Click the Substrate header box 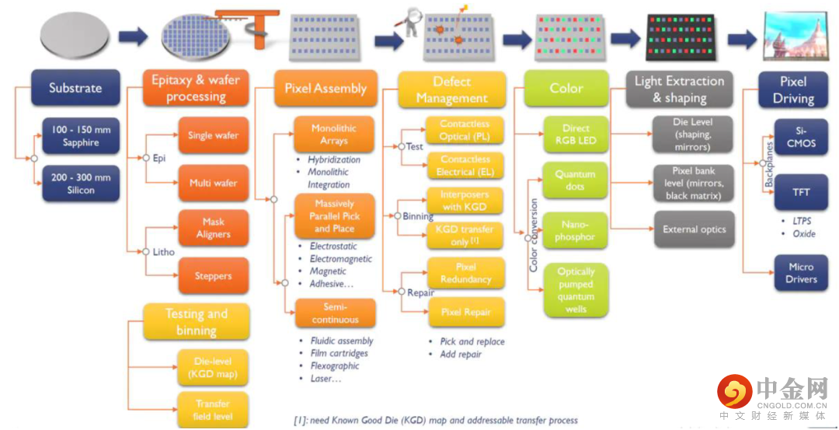(x=75, y=87)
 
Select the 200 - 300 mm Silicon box (x=81, y=184)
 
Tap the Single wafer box (x=214, y=135)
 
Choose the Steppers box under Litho (x=214, y=276)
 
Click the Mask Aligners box (x=214, y=228)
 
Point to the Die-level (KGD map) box (x=214, y=367)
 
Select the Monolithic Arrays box (x=334, y=135)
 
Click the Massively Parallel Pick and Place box (x=334, y=216)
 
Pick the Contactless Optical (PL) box (x=465, y=130)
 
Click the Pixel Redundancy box (x=466, y=273)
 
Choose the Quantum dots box (x=575, y=180)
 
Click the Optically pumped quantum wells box (x=576, y=290)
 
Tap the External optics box (x=695, y=229)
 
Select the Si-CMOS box (x=801, y=137)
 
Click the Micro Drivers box (x=801, y=273)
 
